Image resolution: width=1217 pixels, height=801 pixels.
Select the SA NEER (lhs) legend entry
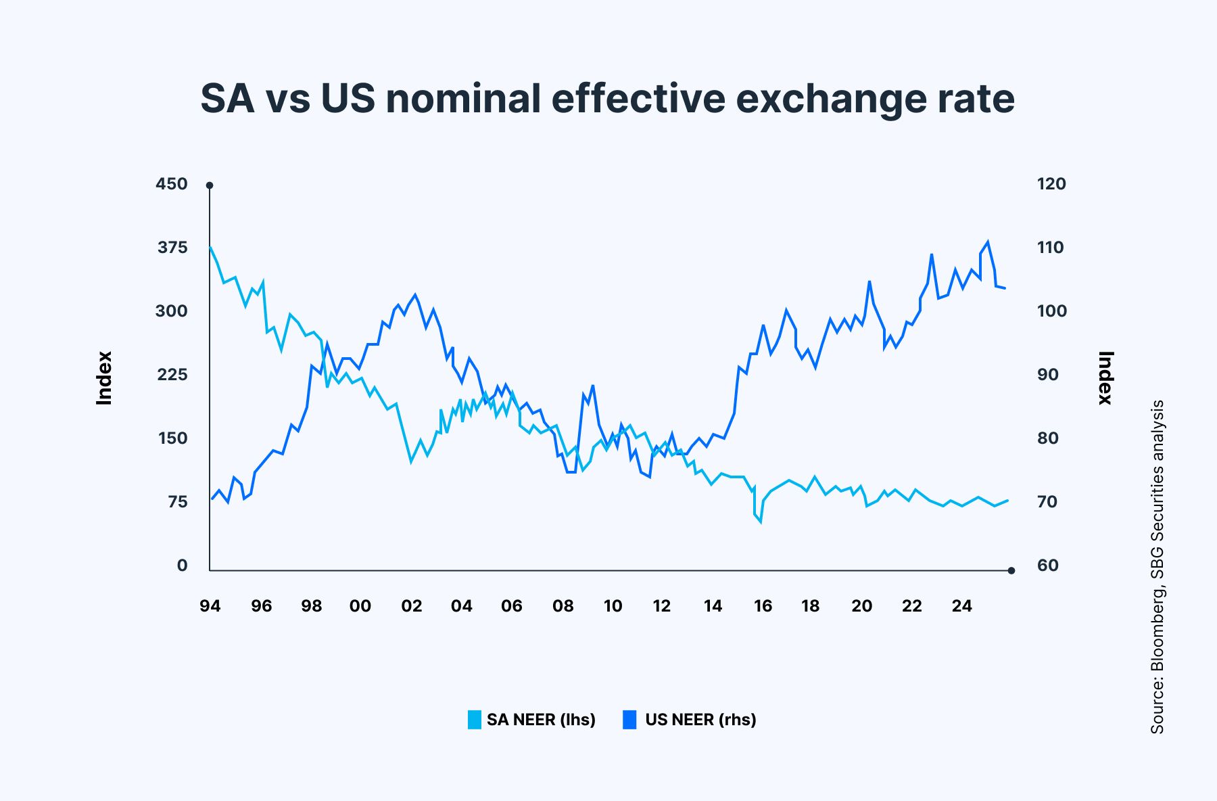pos(531,719)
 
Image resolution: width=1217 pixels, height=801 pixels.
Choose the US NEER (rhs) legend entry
pos(690,719)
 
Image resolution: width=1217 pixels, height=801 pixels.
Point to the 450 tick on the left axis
pos(172,184)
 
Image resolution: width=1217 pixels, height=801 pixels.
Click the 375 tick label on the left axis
pos(172,248)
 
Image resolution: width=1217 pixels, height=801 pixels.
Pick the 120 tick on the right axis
pos(1051,184)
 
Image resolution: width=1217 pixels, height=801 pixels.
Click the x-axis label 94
pos(210,606)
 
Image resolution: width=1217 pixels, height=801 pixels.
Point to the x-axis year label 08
pos(563,606)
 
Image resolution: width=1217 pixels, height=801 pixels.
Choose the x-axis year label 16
pos(763,606)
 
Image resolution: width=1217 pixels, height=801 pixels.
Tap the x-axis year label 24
pos(961,606)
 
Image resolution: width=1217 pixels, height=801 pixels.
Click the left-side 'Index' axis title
pos(104,378)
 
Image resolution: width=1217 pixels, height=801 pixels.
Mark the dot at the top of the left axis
pos(210,185)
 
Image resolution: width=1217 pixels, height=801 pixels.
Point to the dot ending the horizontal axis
pos(1011,571)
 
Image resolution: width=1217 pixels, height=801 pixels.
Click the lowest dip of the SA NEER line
pos(761,522)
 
